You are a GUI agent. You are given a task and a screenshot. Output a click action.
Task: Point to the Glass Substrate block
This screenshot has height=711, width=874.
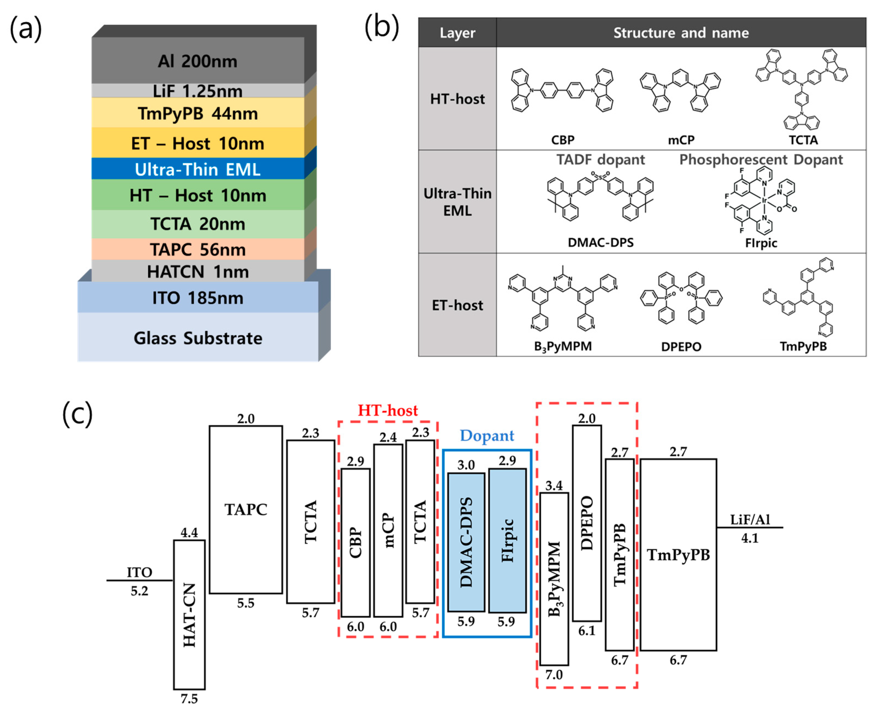coord(198,338)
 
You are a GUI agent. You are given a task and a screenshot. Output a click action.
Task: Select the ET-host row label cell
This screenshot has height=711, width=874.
coord(457,305)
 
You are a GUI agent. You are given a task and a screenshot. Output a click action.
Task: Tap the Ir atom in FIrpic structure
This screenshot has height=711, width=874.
coord(764,200)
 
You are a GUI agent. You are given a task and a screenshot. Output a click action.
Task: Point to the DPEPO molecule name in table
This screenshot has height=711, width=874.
coord(681,346)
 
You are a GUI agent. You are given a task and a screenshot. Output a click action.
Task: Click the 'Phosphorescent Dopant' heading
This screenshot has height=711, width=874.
coord(761,159)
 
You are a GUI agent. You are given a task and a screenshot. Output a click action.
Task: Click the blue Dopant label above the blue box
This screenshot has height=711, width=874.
coord(487,435)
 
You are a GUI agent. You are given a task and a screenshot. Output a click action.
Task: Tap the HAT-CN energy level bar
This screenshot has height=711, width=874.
coord(189,614)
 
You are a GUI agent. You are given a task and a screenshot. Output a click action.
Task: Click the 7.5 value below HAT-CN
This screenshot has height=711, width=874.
coord(189,699)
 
